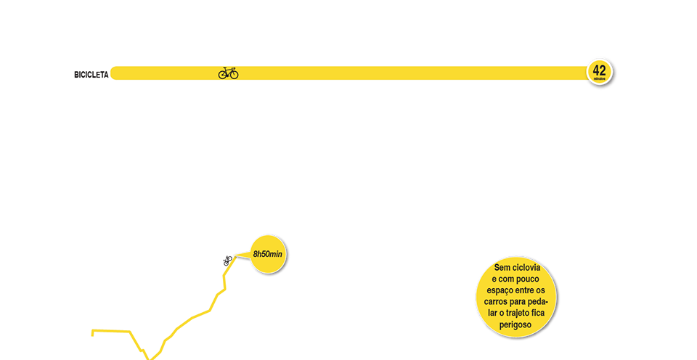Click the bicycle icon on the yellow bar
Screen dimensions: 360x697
[229, 73]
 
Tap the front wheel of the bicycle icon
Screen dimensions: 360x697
[234, 74]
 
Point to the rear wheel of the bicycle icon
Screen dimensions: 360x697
[223, 74]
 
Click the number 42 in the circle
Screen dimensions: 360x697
[600, 70]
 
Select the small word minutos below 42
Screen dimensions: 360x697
[600, 78]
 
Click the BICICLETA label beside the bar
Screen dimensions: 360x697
[91, 74]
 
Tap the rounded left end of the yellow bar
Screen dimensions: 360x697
[115, 73]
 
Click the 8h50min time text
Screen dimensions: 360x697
[267, 255]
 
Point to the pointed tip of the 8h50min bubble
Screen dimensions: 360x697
[234, 255]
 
